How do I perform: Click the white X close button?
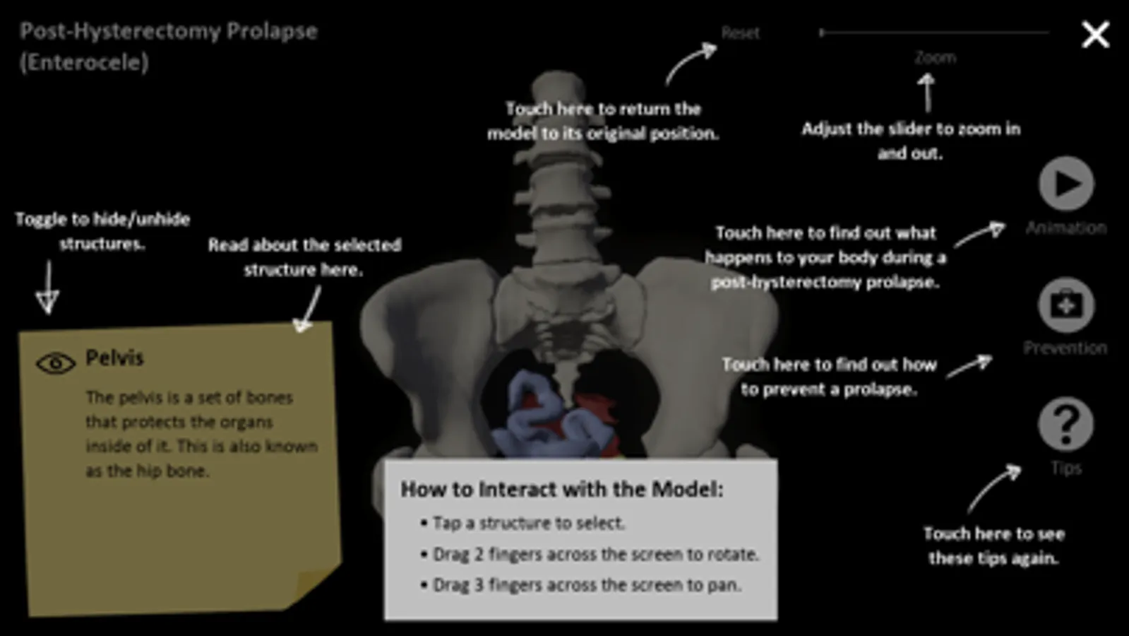coord(1095,35)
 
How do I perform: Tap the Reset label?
coord(740,33)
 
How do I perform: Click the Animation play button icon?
coord(1066,183)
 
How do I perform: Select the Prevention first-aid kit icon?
coord(1066,305)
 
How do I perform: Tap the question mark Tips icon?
coord(1065,424)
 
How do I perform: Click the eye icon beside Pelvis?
coord(56,363)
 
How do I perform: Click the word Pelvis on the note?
coord(114,358)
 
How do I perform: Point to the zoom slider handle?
coord(822,33)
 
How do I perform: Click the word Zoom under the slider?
coord(935,58)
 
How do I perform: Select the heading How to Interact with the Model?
coord(561,489)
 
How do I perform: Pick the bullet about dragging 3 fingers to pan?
coord(581,585)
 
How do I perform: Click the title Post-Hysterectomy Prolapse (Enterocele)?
coord(168,47)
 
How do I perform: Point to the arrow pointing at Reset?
coord(691,63)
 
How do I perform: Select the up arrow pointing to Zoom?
coord(927,93)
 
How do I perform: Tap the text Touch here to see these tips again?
coord(993,546)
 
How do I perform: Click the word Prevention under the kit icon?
coord(1065,348)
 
